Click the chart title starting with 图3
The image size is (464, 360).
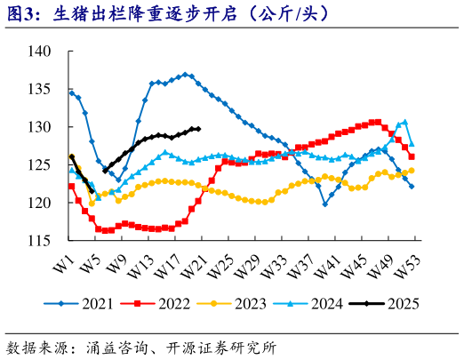tap(168, 13)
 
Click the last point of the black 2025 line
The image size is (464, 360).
tap(198, 129)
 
